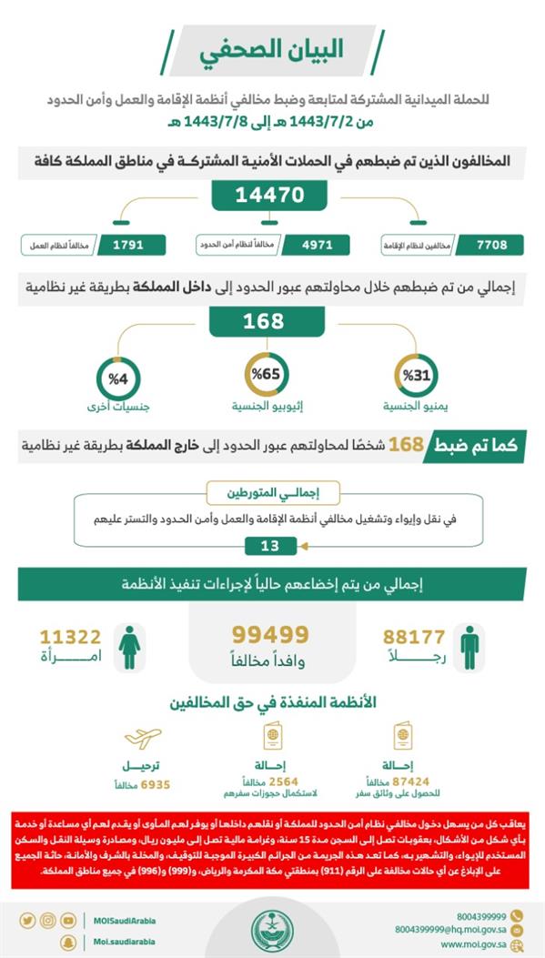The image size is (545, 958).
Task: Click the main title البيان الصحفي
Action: pyautogui.click(x=272, y=50)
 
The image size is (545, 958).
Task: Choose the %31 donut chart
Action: pyautogui.click(x=416, y=375)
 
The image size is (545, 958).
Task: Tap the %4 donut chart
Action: pyautogui.click(x=119, y=375)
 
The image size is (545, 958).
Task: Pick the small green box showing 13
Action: pyautogui.click(x=270, y=546)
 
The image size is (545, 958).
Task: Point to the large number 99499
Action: pyautogui.click(x=270, y=634)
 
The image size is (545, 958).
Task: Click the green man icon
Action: pyautogui.click(x=469, y=646)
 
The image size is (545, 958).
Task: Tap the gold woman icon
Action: pyautogui.click(x=130, y=646)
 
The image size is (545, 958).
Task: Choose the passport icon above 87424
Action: pyautogui.click(x=401, y=736)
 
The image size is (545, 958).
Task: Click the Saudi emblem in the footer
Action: pyautogui.click(x=273, y=925)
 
